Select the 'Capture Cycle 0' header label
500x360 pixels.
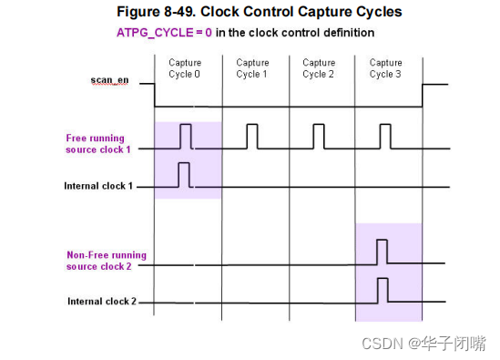(x=185, y=68)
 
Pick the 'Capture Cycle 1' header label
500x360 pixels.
(x=252, y=68)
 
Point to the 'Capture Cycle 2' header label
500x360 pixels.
(x=319, y=68)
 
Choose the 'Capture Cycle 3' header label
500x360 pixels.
(x=385, y=68)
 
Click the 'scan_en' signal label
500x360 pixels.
(x=109, y=81)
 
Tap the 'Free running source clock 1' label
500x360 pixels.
(x=98, y=143)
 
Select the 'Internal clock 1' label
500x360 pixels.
(x=98, y=186)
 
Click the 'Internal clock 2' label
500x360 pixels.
(x=100, y=301)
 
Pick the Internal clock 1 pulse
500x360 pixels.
(x=183, y=175)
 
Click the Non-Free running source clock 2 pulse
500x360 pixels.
(x=382, y=252)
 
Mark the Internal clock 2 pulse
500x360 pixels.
(x=383, y=290)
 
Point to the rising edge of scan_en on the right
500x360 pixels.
(x=423, y=96)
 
